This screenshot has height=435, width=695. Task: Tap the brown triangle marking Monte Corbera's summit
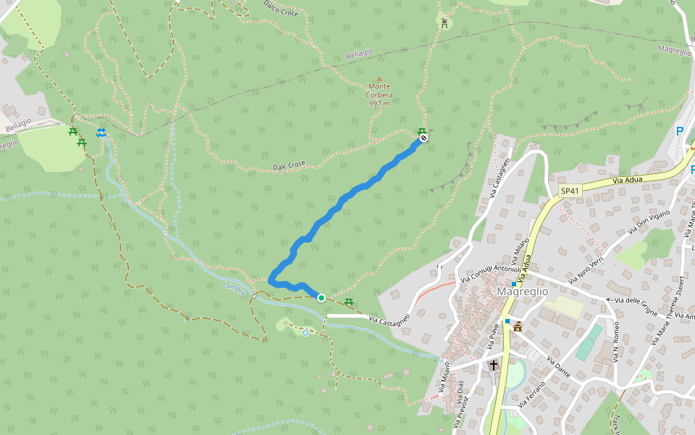[x=379, y=78]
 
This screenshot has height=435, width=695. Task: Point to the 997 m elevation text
[x=379, y=103]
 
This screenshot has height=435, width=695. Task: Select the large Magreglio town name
[x=522, y=291]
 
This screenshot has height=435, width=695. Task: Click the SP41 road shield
[x=570, y=191]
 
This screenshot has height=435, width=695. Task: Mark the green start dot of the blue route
[x=321, y=297]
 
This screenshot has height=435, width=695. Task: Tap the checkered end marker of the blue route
[x=424, y=138]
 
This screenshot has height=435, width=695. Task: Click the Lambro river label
[x=234, y=288]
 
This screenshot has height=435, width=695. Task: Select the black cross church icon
[x=494, y=365]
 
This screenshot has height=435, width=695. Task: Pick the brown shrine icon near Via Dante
[x=518, y=328]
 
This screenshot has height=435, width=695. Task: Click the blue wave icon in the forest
[x=102, y=132]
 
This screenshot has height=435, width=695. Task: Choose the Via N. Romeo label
[x=616, y=341]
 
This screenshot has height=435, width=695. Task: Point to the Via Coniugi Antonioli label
[x=490, y=271]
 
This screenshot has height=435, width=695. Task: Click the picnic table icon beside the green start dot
[x=349, y=301]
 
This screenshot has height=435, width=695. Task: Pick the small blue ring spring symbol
[x=306, y=333]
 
